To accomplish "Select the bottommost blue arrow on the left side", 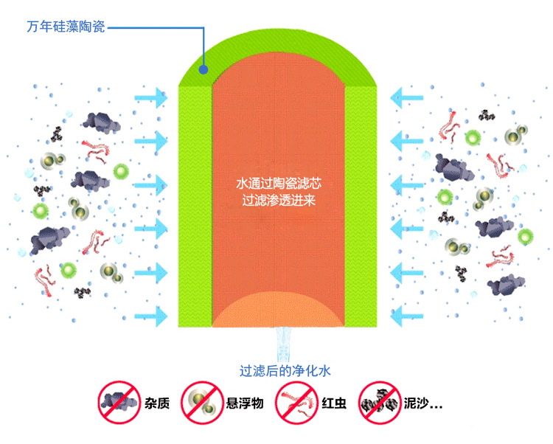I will tap(151, 316).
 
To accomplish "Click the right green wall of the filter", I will tap(362, 207).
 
